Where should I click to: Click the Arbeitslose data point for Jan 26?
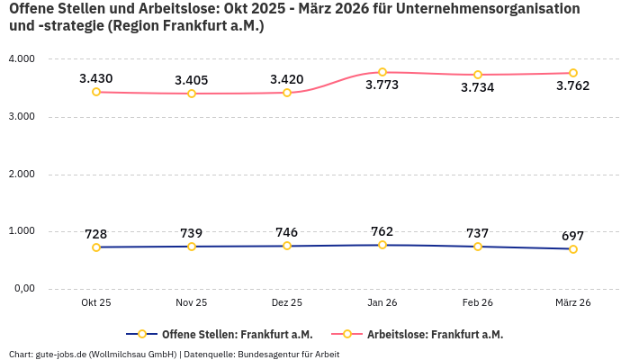(x=382, y=72)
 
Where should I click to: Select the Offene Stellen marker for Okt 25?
(x=96, y=247)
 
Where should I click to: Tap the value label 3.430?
(x=96, y=78)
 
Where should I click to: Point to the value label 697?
(x=573, y=236)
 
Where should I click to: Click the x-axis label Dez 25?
(x=287, y=303)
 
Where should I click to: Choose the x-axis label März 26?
(x=573, y=303)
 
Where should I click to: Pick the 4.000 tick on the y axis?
(x=21, y=59)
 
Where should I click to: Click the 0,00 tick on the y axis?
(x=23, y=289)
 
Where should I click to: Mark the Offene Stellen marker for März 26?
(x=573, y=249)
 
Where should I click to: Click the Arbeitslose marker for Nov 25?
(x=192, y=94)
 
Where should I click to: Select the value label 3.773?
(x=382, y=85)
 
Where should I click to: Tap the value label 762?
(x=382, y=231)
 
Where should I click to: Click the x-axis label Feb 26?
(x=478, y=303)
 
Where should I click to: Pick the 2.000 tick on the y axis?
(x=21, y=174)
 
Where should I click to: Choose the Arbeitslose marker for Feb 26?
(x=478, y=75)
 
